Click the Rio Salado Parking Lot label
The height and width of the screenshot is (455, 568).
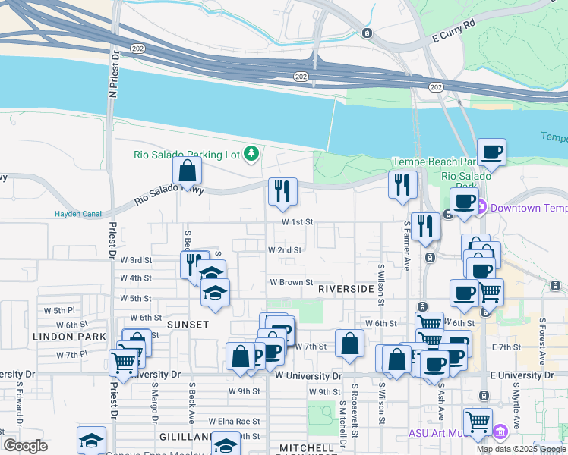click(x=187, y=155)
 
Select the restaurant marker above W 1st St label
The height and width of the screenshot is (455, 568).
click(x=282, y=193)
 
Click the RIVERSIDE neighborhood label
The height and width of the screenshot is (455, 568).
click(x=346, y=289)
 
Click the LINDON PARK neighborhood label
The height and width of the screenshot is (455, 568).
click(x=58, y=335)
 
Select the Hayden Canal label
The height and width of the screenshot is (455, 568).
click(x=78, y=214)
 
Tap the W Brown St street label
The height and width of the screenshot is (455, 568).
click(x=291, y=282)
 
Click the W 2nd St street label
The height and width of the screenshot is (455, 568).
click(x=285, y=249)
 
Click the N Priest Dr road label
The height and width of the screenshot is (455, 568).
click(x=114, y=74)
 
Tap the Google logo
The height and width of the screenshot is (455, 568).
click(x=25, y=446)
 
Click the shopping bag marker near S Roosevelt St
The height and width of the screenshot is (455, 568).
click(x=349, y=343)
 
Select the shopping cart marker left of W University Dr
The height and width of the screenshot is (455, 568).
click(x=123, y=362)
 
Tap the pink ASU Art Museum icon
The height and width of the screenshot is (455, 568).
click(x=500, y=433)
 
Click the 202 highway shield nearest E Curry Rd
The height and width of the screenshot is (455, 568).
click(x=435, y=88)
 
